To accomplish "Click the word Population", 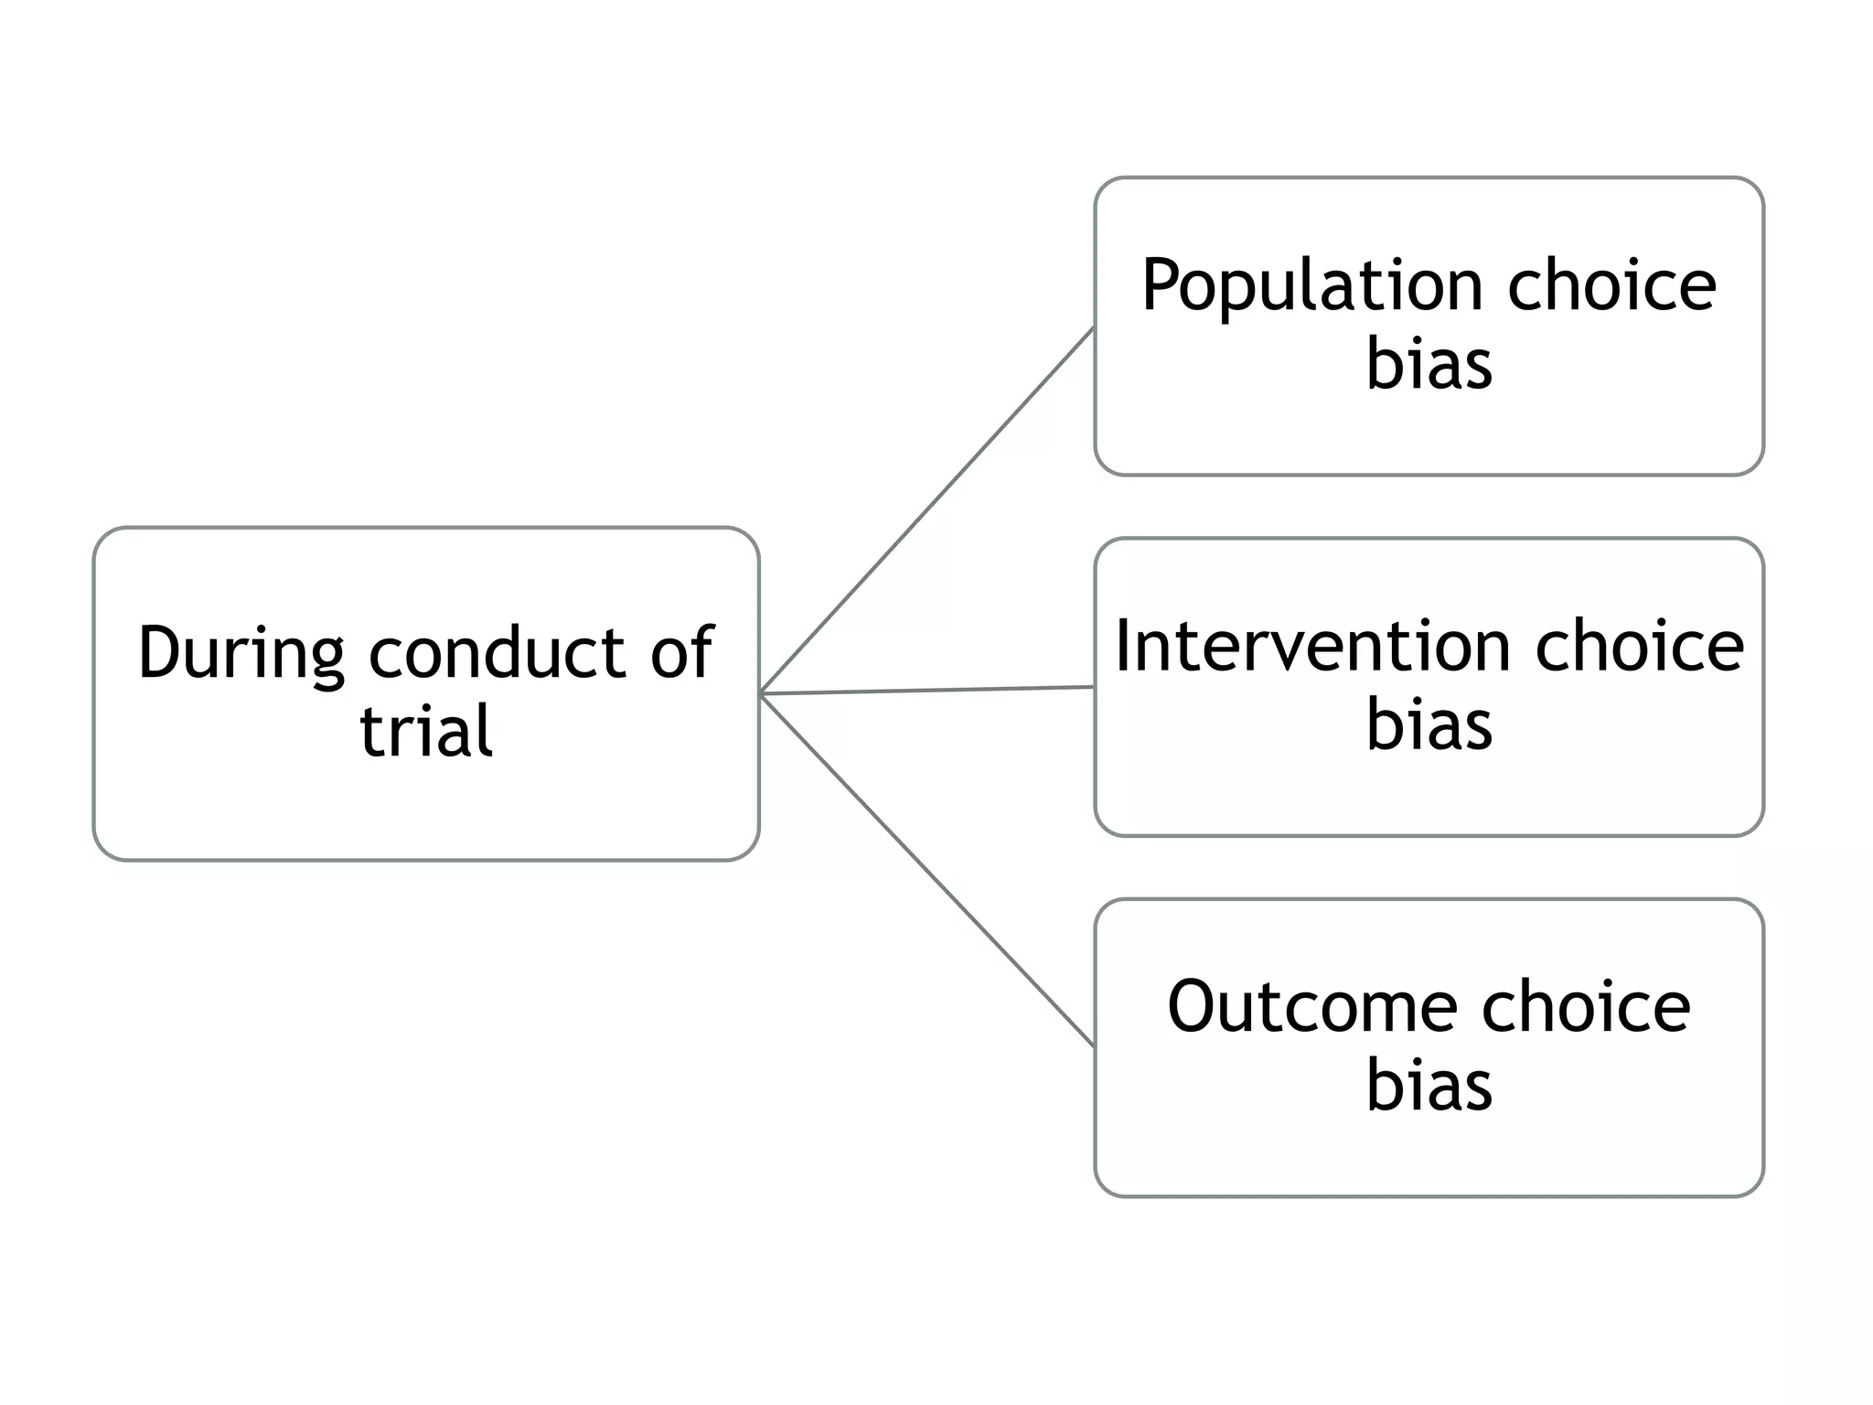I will coord(1311,286).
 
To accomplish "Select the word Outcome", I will coord(1311,1006).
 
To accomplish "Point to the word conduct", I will coord(497,653).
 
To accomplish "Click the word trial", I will coord(426,731).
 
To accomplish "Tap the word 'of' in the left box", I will coord(681,653).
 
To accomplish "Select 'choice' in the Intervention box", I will coord(1639,646).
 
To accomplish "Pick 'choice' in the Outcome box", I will coord(1586,1006).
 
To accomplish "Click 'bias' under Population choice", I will coord(1429,364).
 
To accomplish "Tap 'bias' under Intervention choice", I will coord(1429,724).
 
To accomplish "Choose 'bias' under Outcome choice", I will coord(1429,1085).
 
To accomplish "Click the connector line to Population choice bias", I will coord(927,510).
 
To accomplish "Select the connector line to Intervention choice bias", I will coord(927,691).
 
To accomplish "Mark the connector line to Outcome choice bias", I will coord(927,870).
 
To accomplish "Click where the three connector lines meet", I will coord(762,694).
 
